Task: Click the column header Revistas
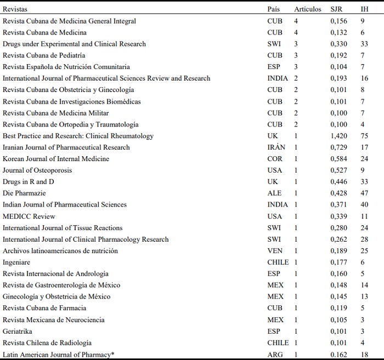(x=15, y=9)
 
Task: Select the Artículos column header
(x=308, y=9)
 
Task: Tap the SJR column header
(x=337, y=9)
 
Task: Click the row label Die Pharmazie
(x=24, y=193)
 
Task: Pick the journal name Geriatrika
(x=18, y=332)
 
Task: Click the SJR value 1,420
(x=338, y=136)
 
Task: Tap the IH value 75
(x=364, y=136)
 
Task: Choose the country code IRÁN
(x=276, y=147)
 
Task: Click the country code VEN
(x=274, y=251)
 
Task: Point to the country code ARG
(x=274, y=355)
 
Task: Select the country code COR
(x=274, y=159)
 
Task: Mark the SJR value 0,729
(x=338, y=147)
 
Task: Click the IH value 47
(x=364, y=193)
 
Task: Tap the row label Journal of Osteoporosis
(x=37, y=170)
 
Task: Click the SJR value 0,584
(x=338, y=159)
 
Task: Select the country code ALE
(x=274, y=193)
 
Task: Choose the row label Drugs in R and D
(x=29, y=182)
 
